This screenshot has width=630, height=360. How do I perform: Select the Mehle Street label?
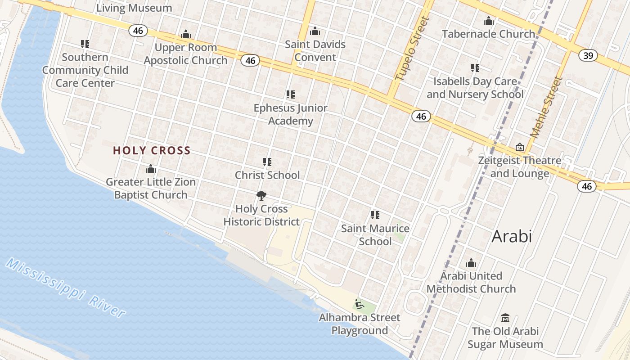pos(547,107)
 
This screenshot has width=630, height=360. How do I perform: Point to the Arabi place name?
pos(512,236)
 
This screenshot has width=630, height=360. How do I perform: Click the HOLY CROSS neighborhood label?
pos(152,151)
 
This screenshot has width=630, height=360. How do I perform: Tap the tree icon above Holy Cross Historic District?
pos(261,196)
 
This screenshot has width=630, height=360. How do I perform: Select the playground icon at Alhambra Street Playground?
pos(359,305)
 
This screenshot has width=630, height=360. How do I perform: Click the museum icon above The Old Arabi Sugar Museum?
pos(505,318)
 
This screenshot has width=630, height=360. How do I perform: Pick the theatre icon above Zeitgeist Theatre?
pos(520,147)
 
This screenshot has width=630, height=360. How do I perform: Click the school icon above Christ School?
pos(267,162)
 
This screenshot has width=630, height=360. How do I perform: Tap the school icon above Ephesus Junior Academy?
pos(291,94)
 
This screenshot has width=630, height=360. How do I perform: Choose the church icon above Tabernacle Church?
pos(488,21)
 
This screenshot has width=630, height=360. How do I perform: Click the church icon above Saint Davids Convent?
pos(315,31)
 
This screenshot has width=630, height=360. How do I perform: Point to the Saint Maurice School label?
pos(375,235)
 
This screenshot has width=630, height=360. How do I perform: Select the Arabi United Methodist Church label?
pos(471,282)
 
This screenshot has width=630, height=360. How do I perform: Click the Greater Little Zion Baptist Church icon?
pos(151,169)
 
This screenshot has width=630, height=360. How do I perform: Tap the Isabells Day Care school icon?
pos(475,68)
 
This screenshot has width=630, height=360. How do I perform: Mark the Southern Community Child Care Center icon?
pos(85,44)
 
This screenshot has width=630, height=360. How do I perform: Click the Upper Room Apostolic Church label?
pos(186,54)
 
